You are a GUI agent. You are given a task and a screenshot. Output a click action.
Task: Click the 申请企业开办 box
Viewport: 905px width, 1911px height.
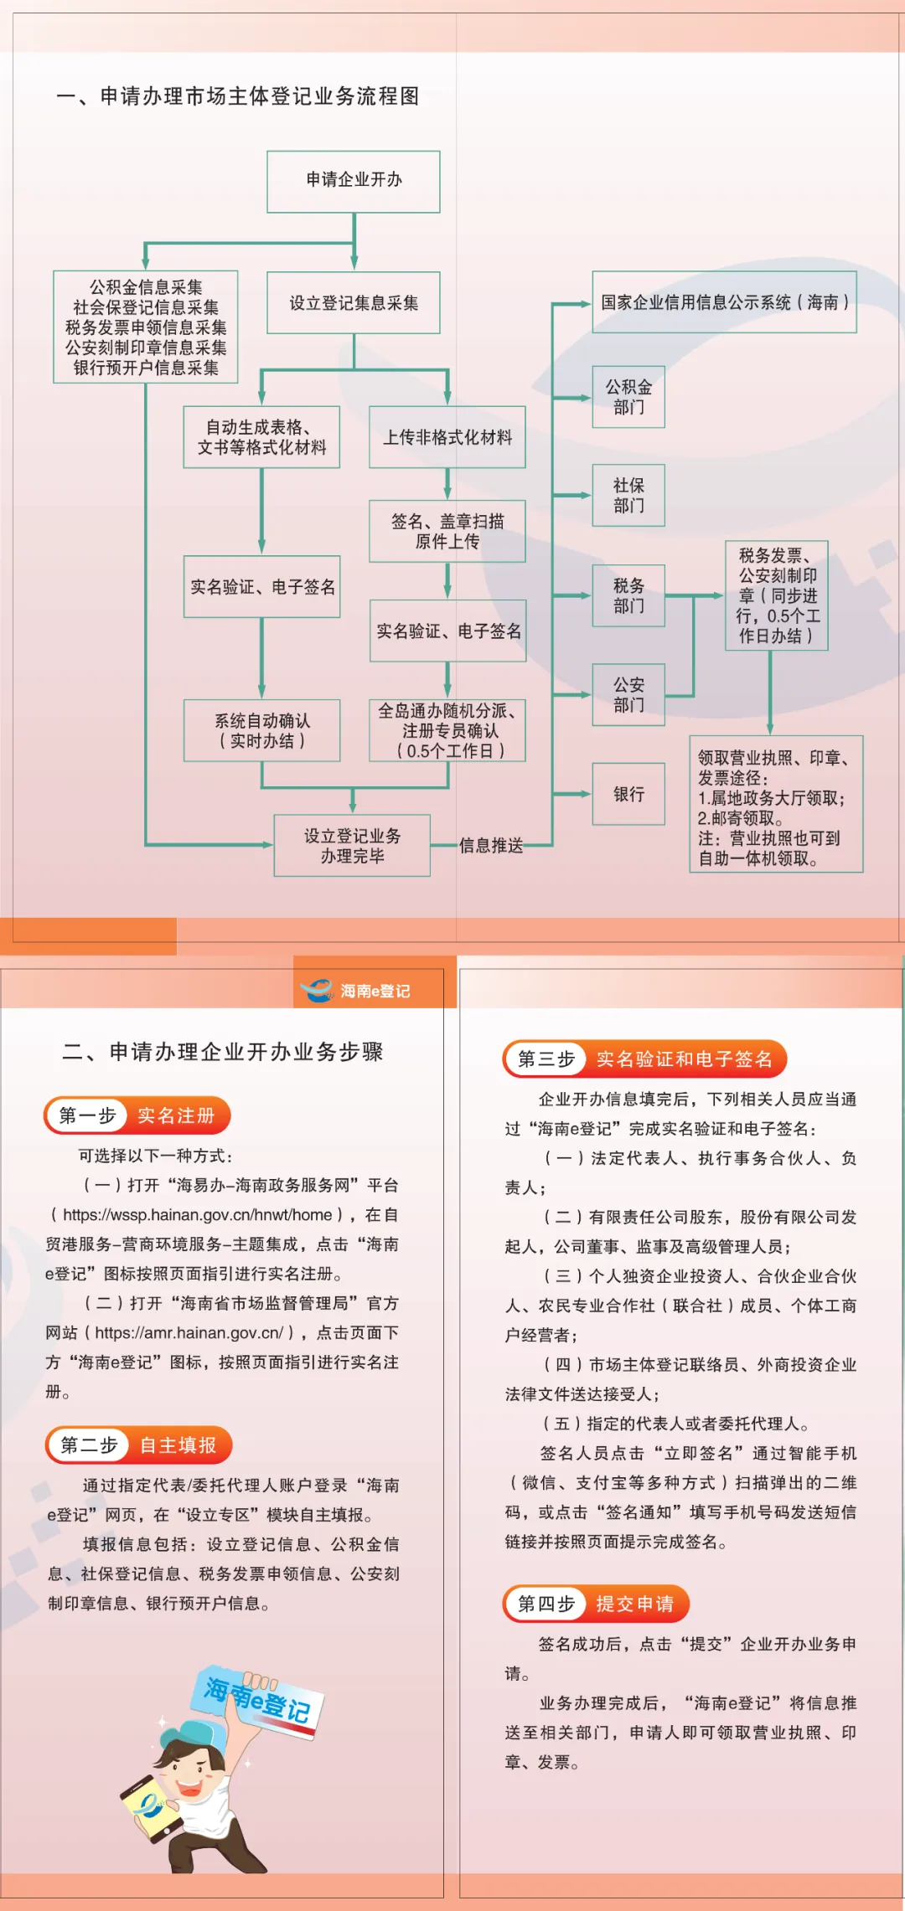click(354, 181)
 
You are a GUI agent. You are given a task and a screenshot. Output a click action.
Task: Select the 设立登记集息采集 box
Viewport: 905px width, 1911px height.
click(354, 303)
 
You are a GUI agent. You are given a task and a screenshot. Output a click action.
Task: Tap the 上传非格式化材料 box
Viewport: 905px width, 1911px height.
click(447, 437)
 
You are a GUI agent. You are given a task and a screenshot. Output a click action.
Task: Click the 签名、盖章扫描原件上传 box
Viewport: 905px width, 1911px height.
click(447, 532)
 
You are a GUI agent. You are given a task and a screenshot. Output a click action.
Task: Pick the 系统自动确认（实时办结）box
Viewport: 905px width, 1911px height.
click(262, 731)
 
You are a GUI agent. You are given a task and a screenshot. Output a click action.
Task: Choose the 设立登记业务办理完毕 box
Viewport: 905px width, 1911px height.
click(352, 846)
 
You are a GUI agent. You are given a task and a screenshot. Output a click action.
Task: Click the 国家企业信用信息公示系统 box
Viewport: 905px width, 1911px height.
click(724, 302)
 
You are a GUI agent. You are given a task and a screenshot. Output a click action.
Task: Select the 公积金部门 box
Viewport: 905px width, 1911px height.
click(628, 397)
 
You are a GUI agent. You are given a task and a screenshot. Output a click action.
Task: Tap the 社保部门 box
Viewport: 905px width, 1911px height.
click(628, 496)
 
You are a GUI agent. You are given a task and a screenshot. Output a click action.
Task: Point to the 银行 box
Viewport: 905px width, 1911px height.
click(628, 794)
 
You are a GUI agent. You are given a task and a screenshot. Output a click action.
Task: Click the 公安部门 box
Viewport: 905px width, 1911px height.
click(628, 695)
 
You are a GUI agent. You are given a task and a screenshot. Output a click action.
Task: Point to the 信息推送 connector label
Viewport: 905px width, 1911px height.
click(491, 846)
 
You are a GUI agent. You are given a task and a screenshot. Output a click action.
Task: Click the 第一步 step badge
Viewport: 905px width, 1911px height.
click(87, 1115)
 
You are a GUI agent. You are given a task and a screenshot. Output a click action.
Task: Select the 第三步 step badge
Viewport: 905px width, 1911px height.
click(546, 1059)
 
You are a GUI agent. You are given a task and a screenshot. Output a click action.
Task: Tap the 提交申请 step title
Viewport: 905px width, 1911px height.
click(635, 1604)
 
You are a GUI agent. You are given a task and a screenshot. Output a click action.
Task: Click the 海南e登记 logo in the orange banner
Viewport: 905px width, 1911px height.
click(356, 991)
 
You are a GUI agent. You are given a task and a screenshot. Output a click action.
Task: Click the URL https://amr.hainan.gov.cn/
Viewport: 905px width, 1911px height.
click(189, 1332)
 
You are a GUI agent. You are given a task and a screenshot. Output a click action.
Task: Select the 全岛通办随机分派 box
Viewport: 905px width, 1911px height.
click(447, 731)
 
